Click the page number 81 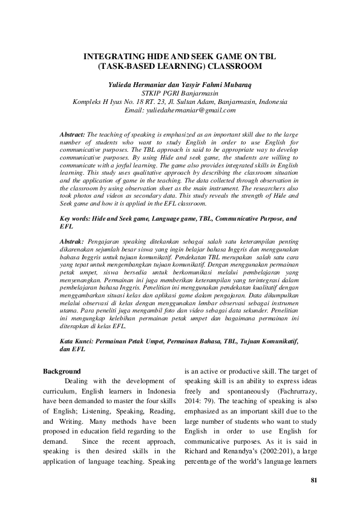(x=313, y=481)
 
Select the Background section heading (x=63, y=371)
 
